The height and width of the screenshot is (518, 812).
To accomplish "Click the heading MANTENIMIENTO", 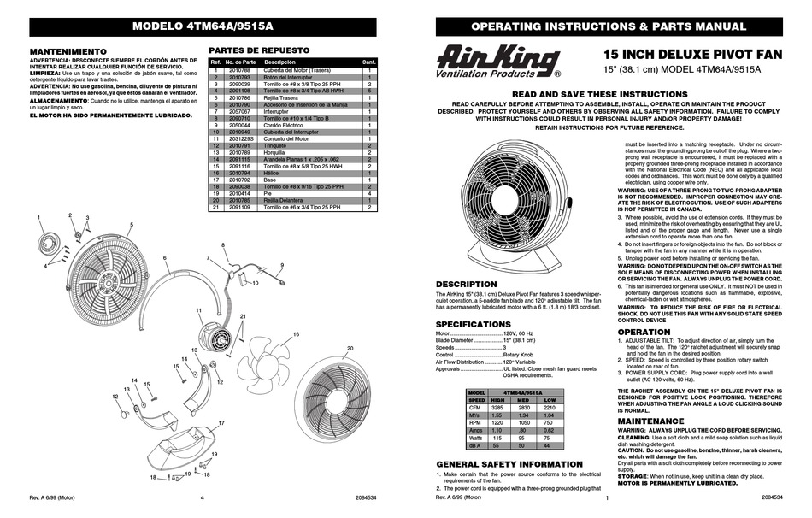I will (68, 51).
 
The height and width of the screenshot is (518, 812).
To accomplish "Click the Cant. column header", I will (369, 62).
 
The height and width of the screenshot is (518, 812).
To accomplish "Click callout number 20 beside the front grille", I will (350, 348).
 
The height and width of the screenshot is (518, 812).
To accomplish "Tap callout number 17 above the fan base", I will (221, 423).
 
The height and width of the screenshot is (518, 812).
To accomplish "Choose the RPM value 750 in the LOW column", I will (550, 424).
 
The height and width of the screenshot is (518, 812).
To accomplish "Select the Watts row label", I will (476, 439).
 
